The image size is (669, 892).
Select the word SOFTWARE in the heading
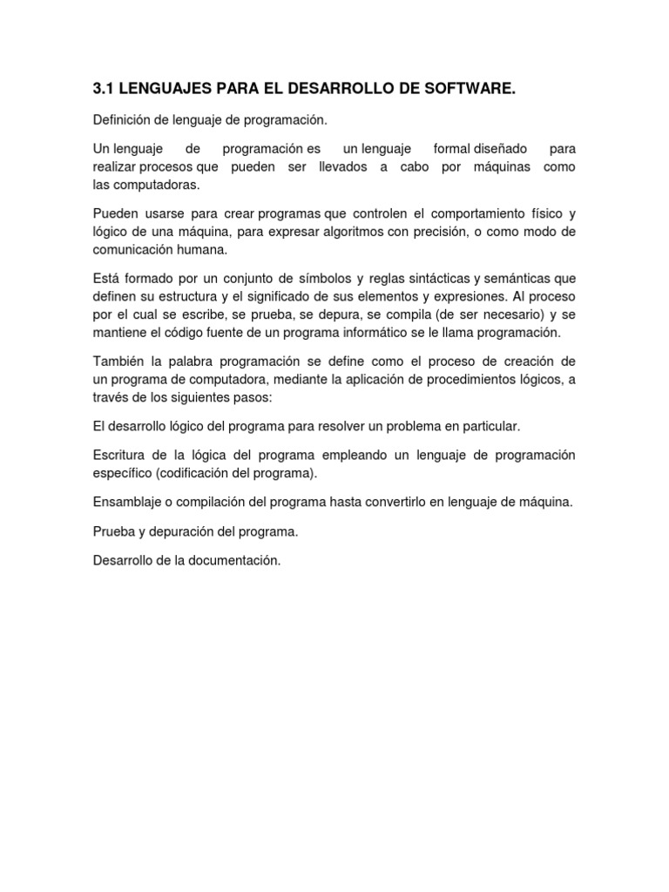point(471,89)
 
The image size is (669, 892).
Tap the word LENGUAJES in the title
point(161,89)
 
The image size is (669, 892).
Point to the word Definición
point(122,119)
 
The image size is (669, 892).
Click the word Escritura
point(118,456)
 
